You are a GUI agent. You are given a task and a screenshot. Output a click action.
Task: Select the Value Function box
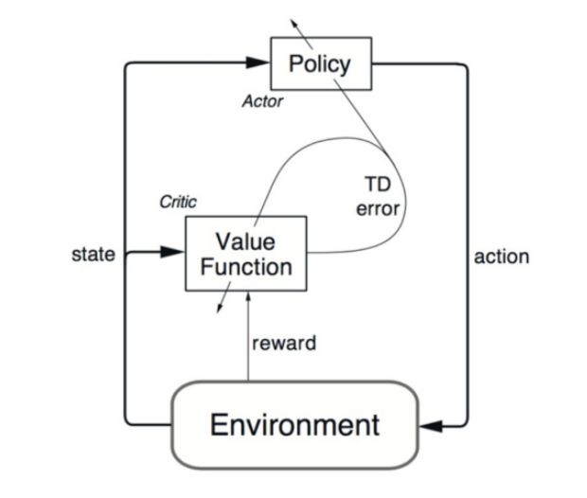(x=245, y=252)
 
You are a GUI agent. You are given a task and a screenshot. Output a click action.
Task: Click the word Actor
(x=263, y=101)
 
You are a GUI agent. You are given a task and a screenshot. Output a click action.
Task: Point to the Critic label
(x=178, y=203)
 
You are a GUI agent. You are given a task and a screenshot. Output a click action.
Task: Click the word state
(x=93, y=254)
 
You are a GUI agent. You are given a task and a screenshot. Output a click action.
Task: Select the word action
(x=502, y=256)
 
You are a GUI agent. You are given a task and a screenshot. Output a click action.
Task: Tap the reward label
(x=284, y=343)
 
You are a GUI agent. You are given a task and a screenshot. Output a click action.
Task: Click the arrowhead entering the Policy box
(x=258, y=63)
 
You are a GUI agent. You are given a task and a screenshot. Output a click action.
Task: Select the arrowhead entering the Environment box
(x=431, y=426)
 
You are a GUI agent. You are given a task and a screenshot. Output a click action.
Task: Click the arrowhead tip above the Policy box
(x=293, y=18)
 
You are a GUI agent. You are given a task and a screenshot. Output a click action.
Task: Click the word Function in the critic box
(x=245, y=266)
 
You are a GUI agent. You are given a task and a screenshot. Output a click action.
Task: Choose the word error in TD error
(x=378, y=207)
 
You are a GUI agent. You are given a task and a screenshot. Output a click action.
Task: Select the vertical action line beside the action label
(x=468, y=256)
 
